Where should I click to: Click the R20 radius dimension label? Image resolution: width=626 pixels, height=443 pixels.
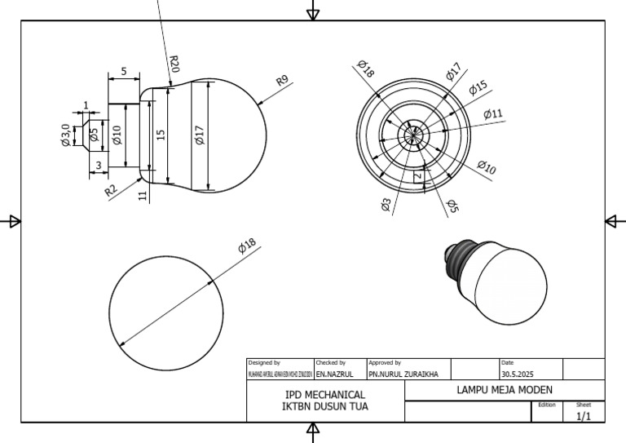(174, 64)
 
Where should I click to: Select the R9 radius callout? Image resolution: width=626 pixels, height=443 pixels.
(282, 82)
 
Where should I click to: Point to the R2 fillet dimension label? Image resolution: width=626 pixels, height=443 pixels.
(111, 191)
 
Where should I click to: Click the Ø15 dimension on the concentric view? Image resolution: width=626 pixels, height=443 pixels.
(478, 87)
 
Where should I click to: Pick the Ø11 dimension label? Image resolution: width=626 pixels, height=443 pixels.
(493, 113)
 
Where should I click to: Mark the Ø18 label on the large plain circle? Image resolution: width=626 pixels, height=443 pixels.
(247, 246)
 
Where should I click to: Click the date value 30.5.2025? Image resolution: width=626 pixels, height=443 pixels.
(518, 374)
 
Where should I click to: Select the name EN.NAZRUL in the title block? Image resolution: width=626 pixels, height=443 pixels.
(334, 374)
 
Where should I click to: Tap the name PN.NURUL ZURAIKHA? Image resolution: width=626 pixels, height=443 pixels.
(403, 374)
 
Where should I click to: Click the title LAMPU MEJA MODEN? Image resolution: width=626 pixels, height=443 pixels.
(505, 390)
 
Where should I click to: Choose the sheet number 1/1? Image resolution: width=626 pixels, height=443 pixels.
(584, 415)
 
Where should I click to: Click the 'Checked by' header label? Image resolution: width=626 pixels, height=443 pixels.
(331, 362)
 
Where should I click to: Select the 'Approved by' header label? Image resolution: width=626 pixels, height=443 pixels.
(385, 362)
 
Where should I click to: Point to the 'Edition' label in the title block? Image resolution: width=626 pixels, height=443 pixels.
(547, 404)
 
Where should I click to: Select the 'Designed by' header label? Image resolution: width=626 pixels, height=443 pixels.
(264, 362)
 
